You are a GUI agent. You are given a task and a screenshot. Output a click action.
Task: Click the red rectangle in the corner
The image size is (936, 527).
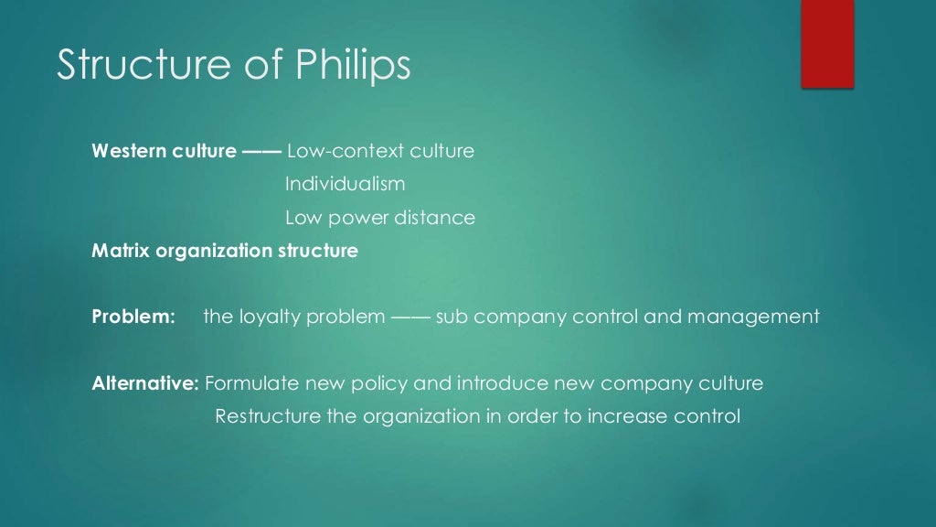pos(827,43)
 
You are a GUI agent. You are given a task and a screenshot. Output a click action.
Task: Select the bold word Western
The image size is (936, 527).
pos(128,151)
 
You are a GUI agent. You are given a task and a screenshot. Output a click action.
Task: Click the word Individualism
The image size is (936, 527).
pos(345,184)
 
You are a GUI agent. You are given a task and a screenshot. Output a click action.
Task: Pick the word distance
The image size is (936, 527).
pos(434,218)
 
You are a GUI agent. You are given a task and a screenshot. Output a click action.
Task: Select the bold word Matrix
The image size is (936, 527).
pos(122,250)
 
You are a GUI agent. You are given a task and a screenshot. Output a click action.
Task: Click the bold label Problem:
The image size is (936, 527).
pos(133,317)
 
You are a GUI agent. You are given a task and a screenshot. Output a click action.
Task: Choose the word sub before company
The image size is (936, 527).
pos(452,317)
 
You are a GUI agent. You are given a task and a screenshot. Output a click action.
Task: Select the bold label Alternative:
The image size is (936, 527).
pos(145,383)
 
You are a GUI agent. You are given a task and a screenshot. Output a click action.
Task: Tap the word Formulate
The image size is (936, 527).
pos(249,383)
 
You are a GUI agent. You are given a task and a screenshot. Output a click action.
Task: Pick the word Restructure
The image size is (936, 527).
pos(268,416)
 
